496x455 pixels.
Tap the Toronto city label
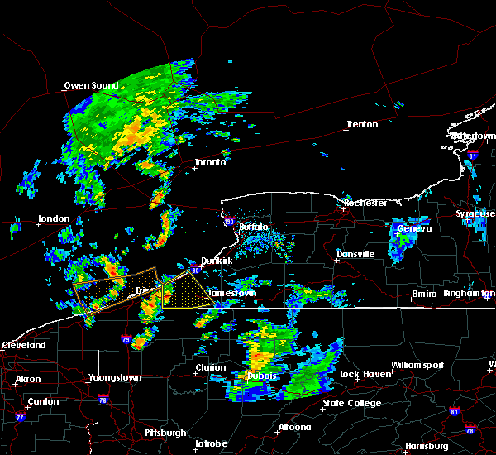210,162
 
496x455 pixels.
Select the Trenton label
362,124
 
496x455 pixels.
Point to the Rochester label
365,203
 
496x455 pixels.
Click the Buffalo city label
254,227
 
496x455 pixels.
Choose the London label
54,219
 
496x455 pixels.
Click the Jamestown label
232,293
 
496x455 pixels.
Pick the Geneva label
414,228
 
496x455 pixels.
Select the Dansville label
355,254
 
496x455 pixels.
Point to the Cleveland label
24,345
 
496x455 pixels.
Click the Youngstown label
114,378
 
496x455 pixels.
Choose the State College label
352,403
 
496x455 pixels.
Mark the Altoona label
294,427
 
